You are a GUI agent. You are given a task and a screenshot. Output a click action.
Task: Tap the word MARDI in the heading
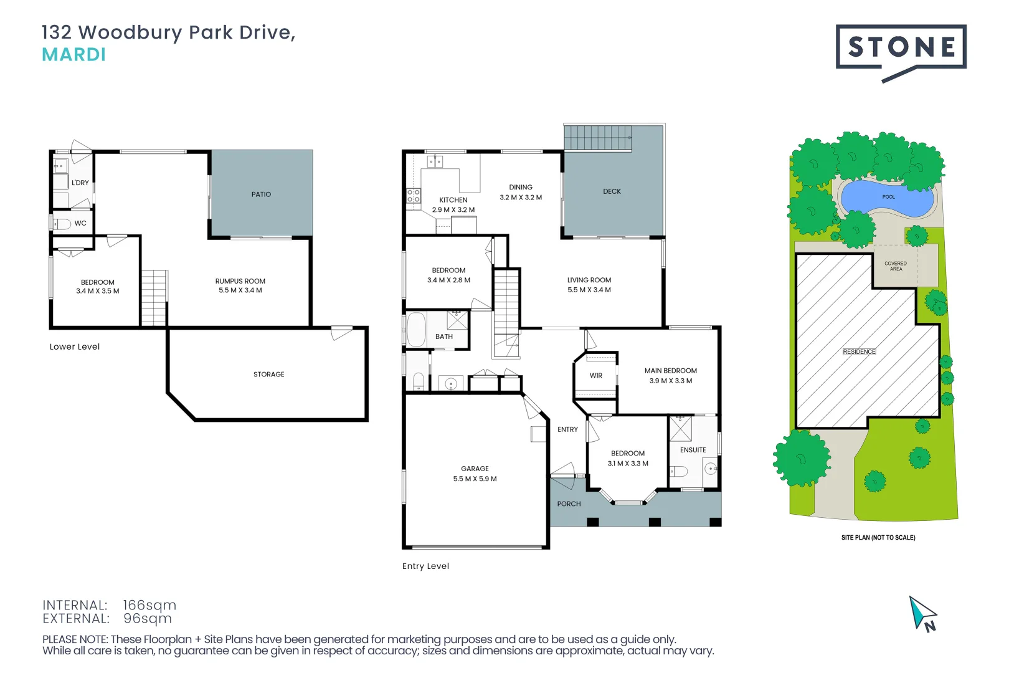click(x=73, y=55)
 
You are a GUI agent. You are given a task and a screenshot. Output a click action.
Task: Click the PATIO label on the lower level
click(x=261, y=194)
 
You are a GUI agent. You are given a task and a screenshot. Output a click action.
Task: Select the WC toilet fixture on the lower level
click(x=62, y=224)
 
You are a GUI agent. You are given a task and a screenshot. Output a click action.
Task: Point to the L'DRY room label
click(x=80, y=183)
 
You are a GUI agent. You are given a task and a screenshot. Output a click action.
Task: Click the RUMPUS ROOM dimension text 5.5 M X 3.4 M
click(x=240, y=290)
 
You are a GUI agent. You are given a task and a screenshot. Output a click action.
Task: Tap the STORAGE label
click(x=268, y=375)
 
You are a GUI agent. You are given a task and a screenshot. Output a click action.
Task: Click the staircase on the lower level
click(x=154, y=298)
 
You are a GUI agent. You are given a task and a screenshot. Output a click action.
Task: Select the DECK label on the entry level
click(x=612, y=191)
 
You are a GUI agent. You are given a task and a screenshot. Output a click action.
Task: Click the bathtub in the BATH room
click(x=416, y=330)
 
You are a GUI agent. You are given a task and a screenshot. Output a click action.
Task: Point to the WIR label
click(x=595, y=376)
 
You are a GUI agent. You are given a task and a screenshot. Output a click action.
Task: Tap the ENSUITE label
click(x=693, y=450)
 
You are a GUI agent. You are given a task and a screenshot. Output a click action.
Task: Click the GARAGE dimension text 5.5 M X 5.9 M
click(x=475, y=479)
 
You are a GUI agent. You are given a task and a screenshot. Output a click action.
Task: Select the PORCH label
click(x=569, y=504)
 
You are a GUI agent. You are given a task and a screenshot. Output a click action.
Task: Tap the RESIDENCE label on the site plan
click(x=859, y=352)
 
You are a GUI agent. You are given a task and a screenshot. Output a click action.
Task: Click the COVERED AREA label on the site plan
click(x=895, y=266)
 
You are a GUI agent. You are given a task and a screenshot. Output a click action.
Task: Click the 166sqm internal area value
click(x=149, y=605)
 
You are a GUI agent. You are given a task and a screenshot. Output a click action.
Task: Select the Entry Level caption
click(x=425, y=566)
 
